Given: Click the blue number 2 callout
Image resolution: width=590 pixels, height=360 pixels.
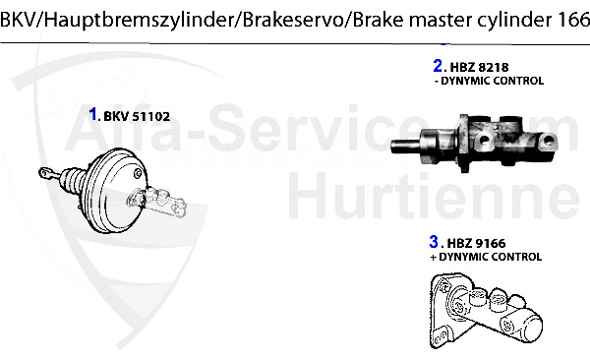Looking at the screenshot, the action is pos(438,67).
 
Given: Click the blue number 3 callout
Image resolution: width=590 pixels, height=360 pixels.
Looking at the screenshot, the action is pos(433,241).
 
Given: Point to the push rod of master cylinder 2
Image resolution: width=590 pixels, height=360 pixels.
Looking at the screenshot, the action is pos(408,149).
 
